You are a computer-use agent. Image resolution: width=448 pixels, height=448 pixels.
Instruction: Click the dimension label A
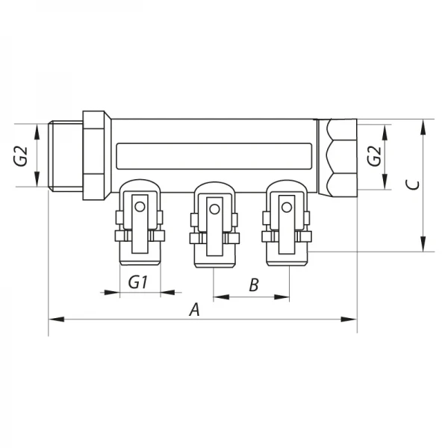195,309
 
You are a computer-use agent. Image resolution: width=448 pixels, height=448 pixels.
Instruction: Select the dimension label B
253,284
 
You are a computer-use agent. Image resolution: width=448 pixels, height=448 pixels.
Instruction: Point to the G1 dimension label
139,283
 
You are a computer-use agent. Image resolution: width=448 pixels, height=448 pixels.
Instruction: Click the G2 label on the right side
374,157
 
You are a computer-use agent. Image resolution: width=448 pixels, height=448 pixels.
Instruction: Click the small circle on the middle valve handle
215,208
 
